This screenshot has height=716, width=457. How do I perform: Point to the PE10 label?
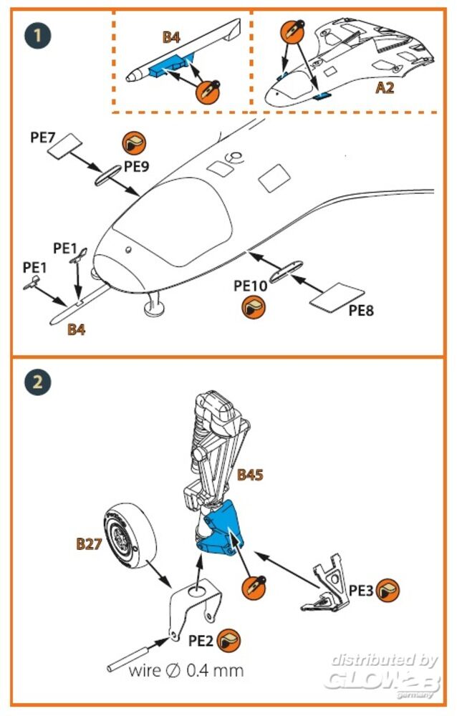pyautogui.click(x=251, y=285)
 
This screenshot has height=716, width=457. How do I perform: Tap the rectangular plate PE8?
pyautogui.click(x=336, y=297)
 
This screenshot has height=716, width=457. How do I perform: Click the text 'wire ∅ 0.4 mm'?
pyautogui.click(x=186, y=671)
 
